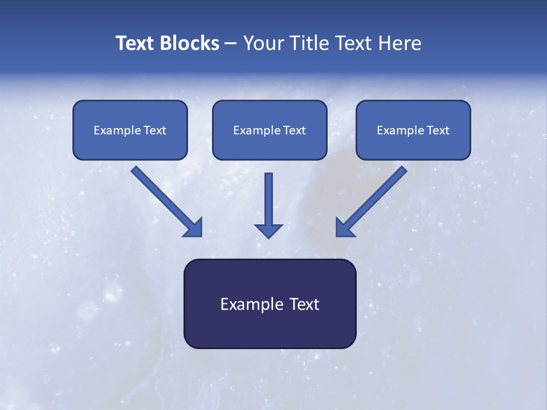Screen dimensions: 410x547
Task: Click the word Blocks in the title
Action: click(190, 43)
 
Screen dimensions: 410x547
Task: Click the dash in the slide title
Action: click(231, 44)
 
